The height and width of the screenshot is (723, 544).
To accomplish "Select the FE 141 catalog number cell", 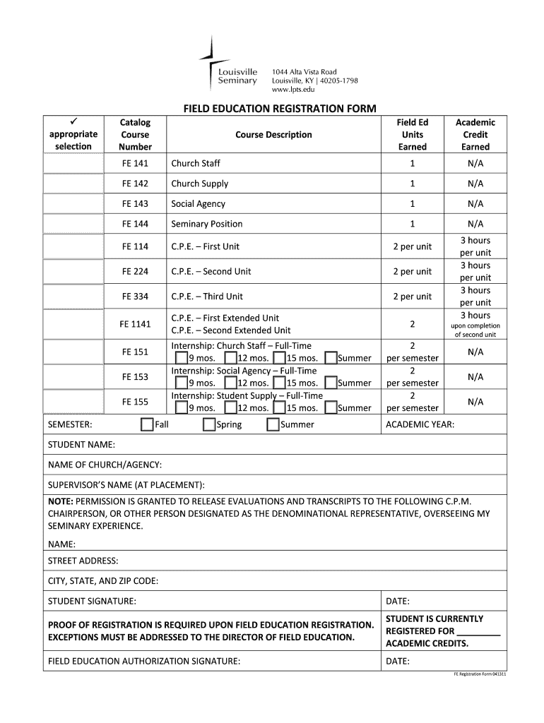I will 135,163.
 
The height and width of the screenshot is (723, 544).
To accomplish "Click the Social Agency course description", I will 199,204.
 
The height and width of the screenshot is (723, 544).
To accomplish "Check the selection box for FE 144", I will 73,224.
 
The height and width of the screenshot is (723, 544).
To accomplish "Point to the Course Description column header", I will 273,135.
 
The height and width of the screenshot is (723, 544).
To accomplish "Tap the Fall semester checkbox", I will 147,424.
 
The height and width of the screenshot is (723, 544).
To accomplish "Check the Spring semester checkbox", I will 209,424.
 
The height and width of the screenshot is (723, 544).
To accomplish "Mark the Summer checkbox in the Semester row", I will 273,424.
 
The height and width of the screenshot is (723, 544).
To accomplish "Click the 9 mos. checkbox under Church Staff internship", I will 182,358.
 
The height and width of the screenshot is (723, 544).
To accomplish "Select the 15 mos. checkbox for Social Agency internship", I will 280,383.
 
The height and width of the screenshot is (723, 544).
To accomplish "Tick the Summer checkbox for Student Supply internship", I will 331,407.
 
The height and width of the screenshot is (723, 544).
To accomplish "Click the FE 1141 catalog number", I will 135,324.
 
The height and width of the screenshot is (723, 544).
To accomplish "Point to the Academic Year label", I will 420,424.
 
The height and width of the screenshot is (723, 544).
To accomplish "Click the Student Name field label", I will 81,445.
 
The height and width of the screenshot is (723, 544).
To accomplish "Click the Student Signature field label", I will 92,602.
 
